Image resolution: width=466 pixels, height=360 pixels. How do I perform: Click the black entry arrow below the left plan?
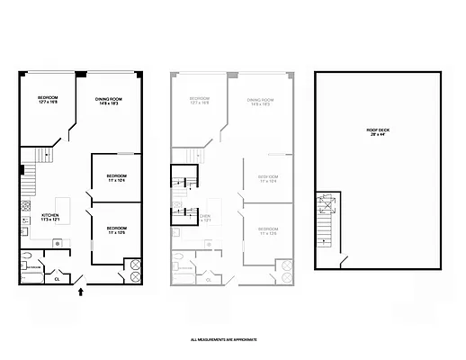pyautogui.click(x=83, y=291)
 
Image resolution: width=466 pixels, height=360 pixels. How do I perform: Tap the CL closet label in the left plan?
pyautogui.click(x=58, y=278)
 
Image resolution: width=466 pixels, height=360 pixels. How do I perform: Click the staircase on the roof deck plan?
pyautogui.click(x=327, y=225)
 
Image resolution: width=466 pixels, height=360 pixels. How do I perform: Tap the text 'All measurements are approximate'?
pyautogui.click(x=223, y=339)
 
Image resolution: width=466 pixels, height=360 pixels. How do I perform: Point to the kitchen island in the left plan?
pyautogui.click(x=64, y=203)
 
